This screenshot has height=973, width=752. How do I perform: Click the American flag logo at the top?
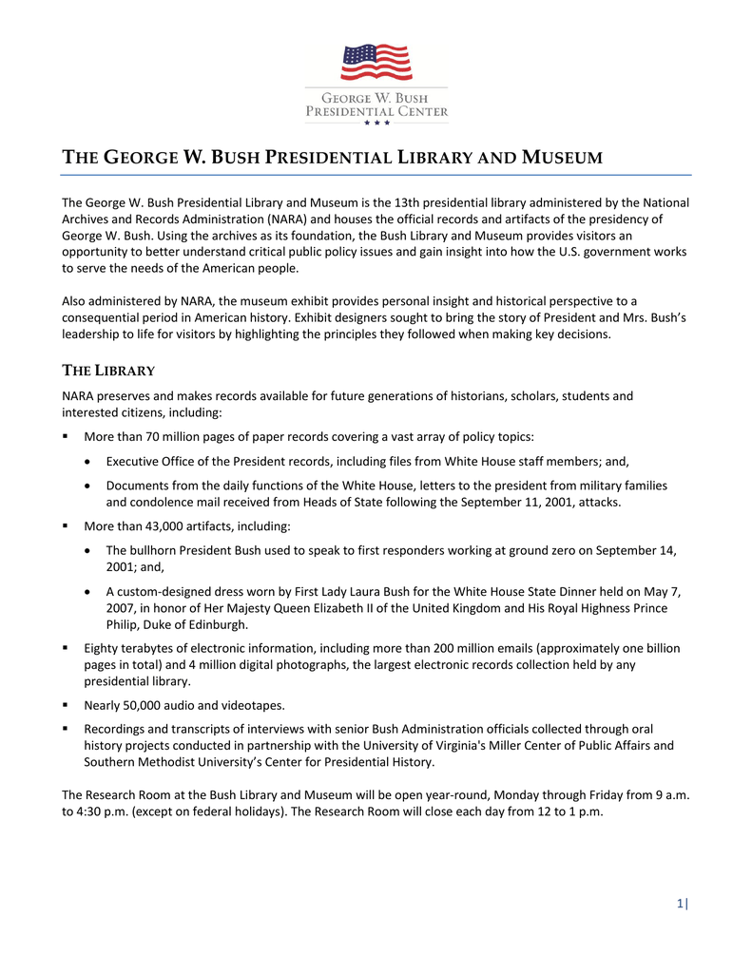[376, 64]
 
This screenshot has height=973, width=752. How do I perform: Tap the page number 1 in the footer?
[680, 905]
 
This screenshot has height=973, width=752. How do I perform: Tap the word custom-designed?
[161, 591]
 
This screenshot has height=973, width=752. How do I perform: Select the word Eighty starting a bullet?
[103, 648]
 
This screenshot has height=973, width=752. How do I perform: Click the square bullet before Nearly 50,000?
[66, 705]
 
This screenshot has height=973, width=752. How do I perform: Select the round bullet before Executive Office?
[87, 462]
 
